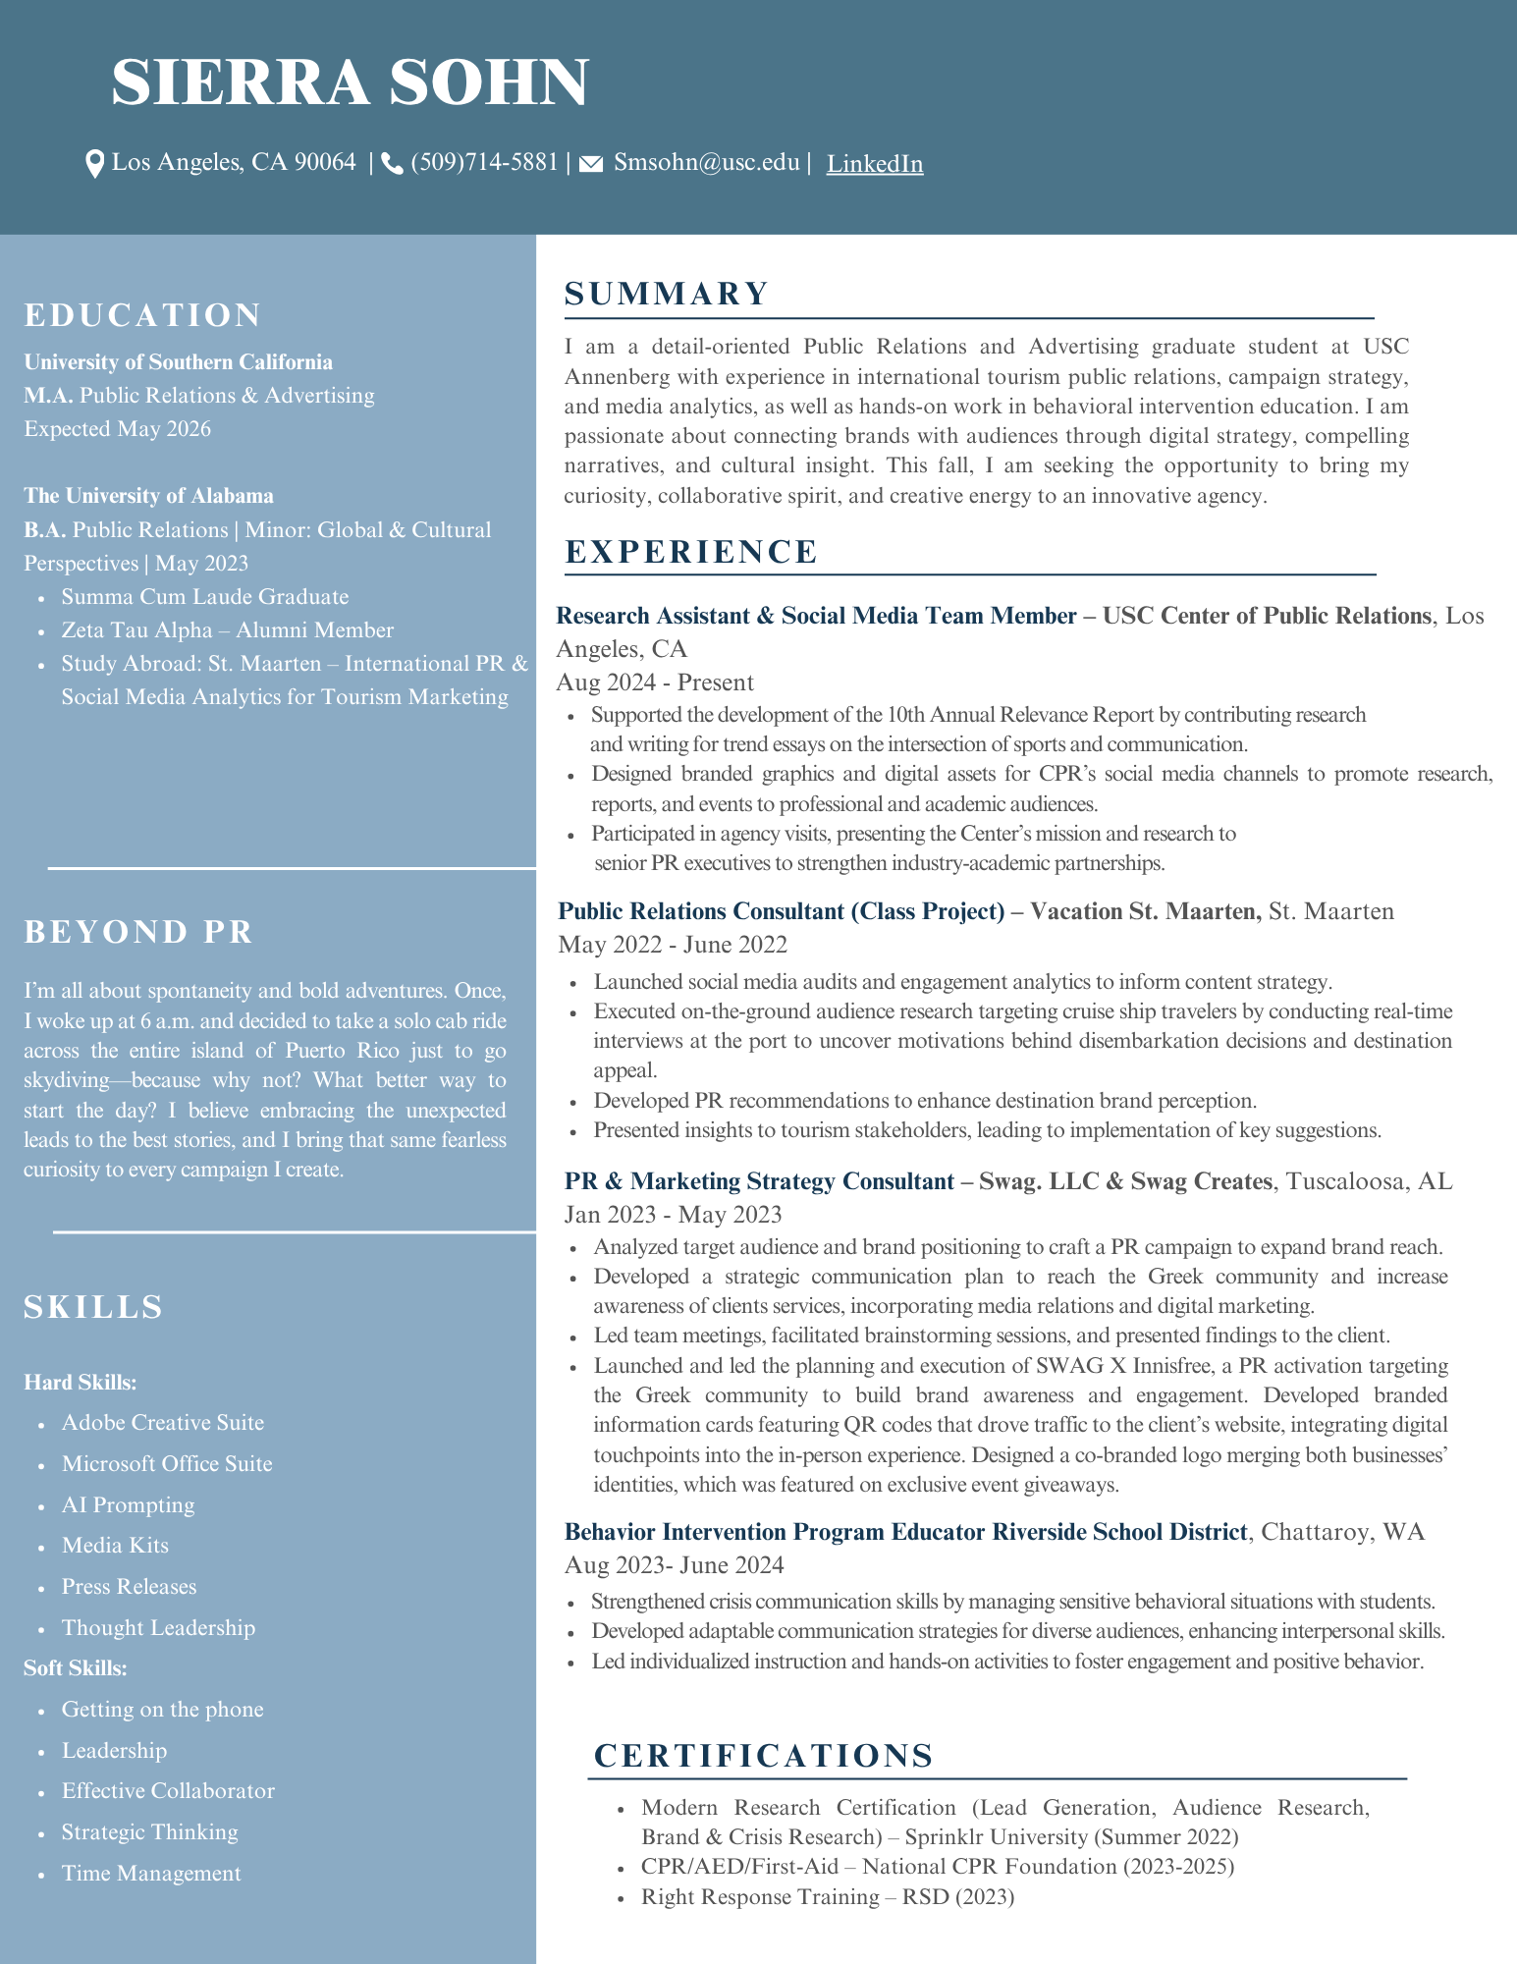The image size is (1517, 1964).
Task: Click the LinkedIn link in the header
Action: (874, 164)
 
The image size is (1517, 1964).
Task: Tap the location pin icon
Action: (94, 164)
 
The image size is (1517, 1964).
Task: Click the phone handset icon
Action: (392, 164)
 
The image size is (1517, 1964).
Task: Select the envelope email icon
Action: (590, 164)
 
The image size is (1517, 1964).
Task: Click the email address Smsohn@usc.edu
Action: (706, 162)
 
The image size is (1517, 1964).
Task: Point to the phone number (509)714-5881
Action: (484, 162)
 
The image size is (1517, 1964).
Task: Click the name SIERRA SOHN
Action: (350, 82)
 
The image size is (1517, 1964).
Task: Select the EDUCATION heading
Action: (142, 315)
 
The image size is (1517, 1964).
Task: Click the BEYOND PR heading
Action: (138, 931)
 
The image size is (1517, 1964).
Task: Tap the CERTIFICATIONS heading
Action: (763, 1755)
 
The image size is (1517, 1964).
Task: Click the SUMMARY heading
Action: (667, 294)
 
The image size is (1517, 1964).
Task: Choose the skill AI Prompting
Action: (128, 1504)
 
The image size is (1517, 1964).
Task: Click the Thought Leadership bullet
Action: (158, 1627)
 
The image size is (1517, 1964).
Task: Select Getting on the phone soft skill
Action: (162, 1709)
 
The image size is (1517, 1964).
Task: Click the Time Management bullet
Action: (151, 1873)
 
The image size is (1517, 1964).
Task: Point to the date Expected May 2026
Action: (117, 428)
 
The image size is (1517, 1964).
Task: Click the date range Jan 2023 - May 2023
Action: (673, 1215)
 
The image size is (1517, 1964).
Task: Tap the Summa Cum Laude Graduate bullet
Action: (204, 596)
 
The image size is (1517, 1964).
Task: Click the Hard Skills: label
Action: (80, 1382)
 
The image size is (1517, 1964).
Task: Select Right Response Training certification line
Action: (827, 1896)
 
